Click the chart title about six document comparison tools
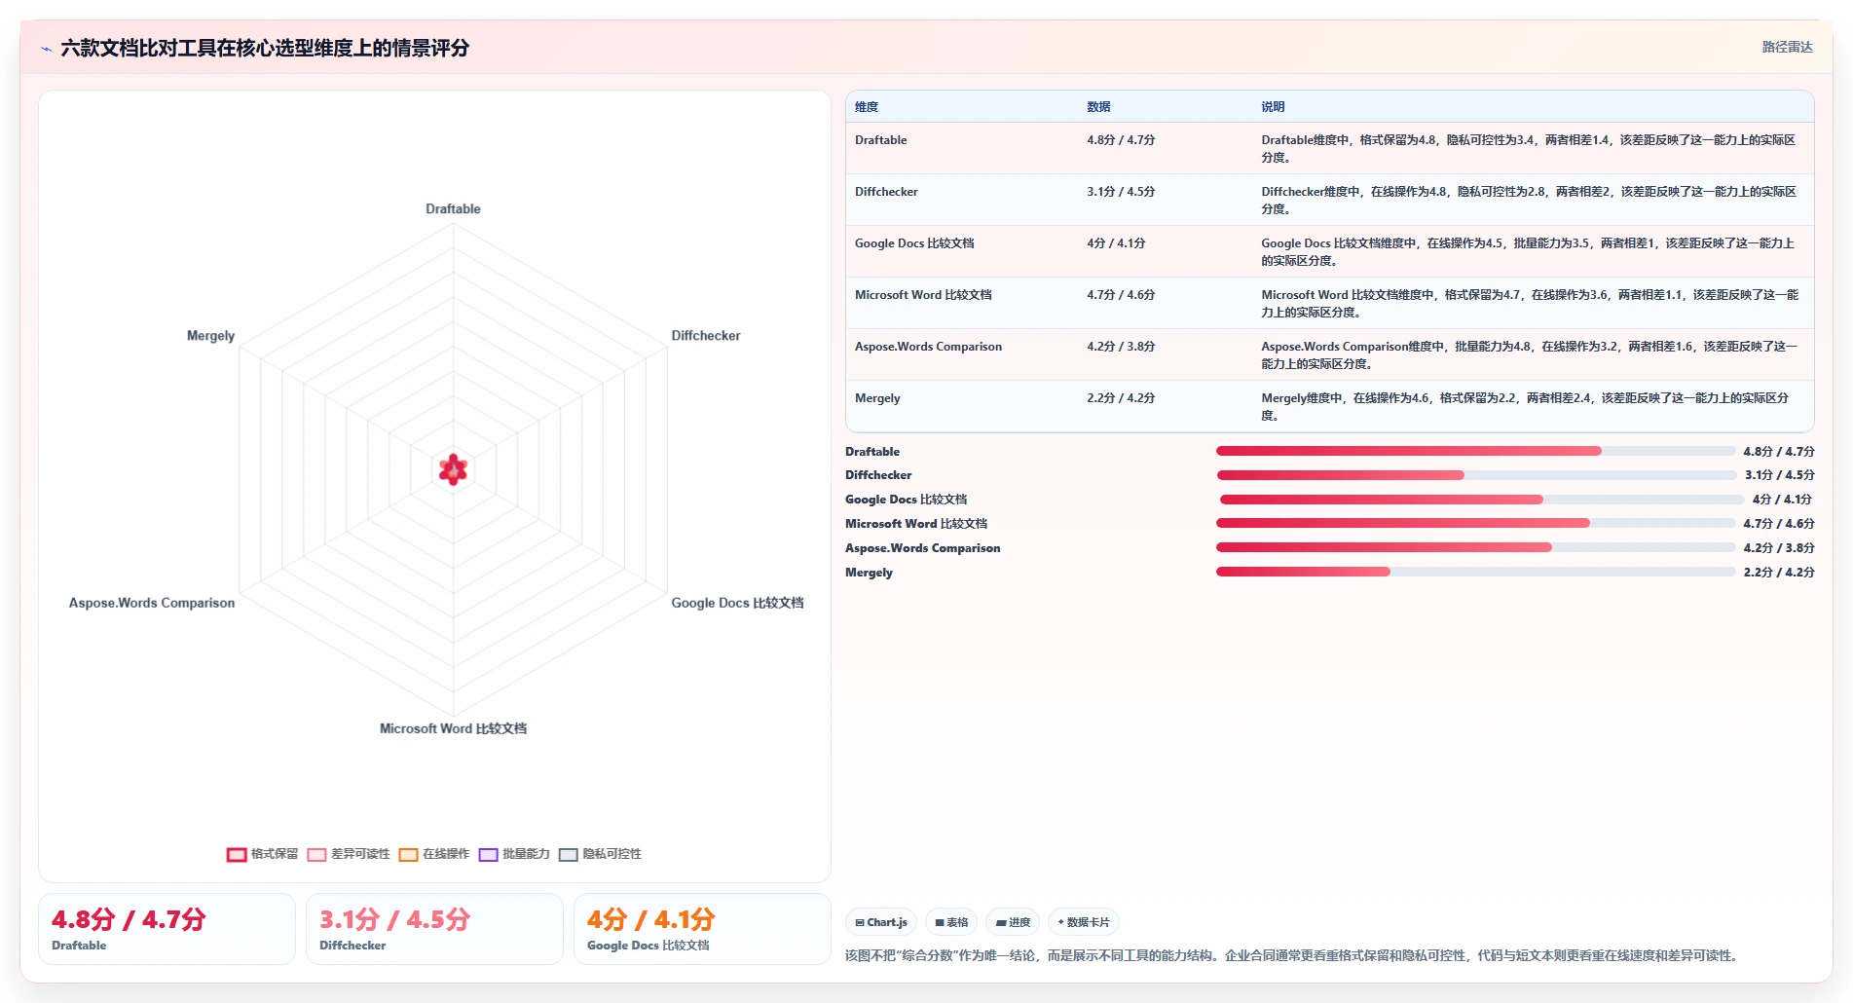point(265,48)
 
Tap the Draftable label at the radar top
point(453,208)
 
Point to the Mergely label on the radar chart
point(210,336)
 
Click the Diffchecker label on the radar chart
point(706,336)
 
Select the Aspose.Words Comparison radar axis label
point(152,603)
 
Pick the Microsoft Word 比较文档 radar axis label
point(453,728)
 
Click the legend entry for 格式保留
point(263,854)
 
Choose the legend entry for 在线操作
point(434,854)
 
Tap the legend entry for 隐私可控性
point(600,854)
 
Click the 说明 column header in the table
point(1273,107)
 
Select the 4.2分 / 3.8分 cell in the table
point(1121,347)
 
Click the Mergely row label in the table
point(877,398)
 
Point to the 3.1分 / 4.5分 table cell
point(1121,192)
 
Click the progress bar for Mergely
point(1475,572)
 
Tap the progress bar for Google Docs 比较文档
point(1481,500)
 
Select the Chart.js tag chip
point(881,922)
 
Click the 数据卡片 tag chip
point(1083,922)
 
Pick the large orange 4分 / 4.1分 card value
point(650,919)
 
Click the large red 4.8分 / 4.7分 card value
point(129,919)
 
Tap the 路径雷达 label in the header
point(1787,47)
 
